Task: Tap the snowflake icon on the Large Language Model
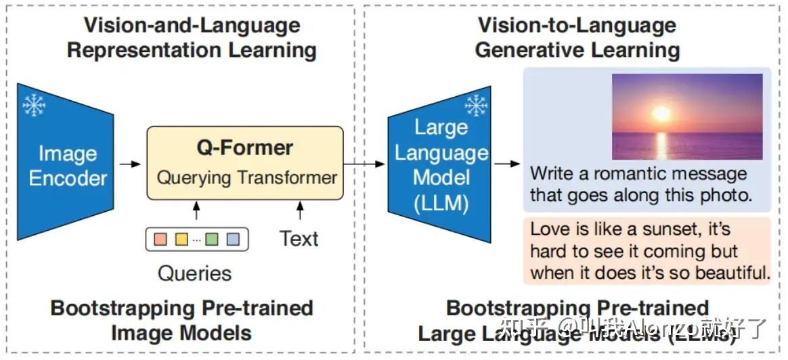click(x=476, y=106)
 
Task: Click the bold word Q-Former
click(x=245, y=148)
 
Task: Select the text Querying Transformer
click(x=246, y=178)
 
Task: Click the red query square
click(x=160, y=239)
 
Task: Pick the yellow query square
click(x=181, y=239)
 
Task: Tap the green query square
click(x=213, y=239)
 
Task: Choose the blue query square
click(x=233, y=239)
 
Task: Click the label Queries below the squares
click(x=194, y=273)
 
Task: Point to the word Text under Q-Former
click(x=299, y=238)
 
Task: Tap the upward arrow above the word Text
click(x=300, y=212)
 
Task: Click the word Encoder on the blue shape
click(x=68, y=178)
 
